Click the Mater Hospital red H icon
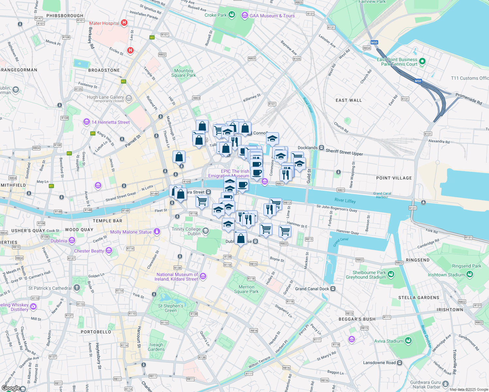[124, 23]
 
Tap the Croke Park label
[215, 15]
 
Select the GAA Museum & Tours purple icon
[244, 15]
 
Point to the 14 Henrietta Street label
[110, 122]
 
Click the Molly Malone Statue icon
[157, 232]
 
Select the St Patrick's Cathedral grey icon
[77, 288]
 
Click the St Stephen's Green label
[171, 308]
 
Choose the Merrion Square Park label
[246, 289]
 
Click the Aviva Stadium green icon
[408, 341]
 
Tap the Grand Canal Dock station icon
[333, 289]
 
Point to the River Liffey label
[345, 201]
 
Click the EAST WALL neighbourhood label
[348, 100]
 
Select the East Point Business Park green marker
[422, 61]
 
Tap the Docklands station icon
[321, 148]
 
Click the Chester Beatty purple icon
[109, 251]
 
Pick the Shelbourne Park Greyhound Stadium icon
[391, 274]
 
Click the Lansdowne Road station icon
[399, 363]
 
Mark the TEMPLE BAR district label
[107, 221]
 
